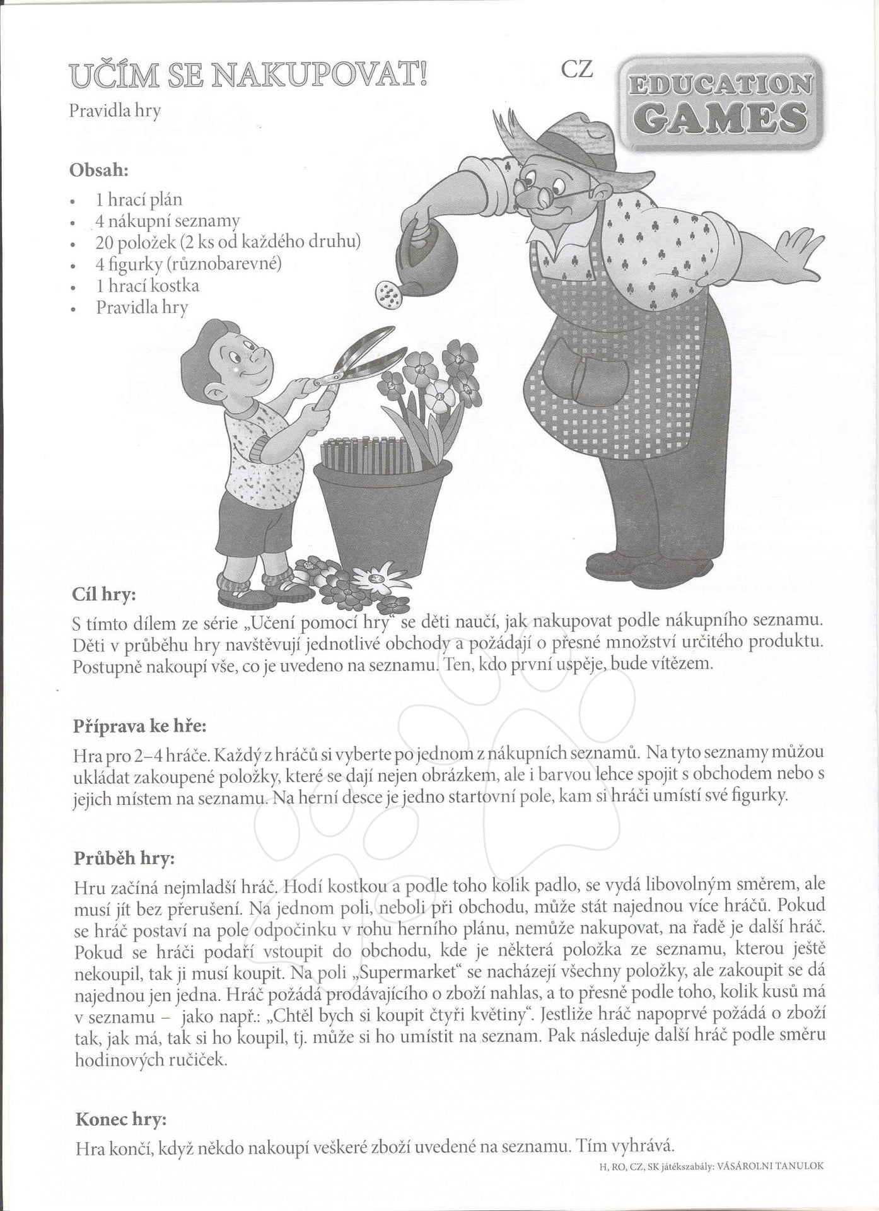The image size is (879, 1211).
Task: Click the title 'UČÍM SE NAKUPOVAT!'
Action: click(248, 76)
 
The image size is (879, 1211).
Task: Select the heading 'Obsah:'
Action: click(99, 170)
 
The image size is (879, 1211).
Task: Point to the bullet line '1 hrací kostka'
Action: click(147, 286)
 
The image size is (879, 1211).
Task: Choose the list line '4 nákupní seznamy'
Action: click(167, 221)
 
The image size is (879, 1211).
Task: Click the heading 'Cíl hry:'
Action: click(104, 594)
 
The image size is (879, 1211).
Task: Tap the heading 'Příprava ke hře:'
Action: click(139, 726)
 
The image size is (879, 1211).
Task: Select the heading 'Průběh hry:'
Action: click(124, 858)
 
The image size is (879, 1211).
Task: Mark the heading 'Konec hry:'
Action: click(121, 1119)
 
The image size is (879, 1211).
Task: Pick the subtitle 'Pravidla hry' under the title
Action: click(115, 111)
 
